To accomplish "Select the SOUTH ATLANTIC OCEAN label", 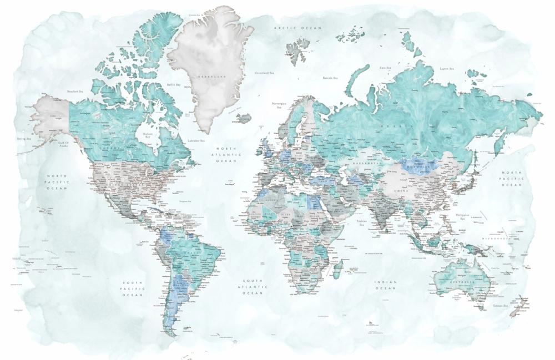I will [253, 287].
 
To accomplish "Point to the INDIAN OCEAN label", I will [386, 285].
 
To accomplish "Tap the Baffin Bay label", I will [174, 85].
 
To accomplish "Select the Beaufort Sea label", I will [75, 91].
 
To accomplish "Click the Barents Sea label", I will [330, 78].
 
